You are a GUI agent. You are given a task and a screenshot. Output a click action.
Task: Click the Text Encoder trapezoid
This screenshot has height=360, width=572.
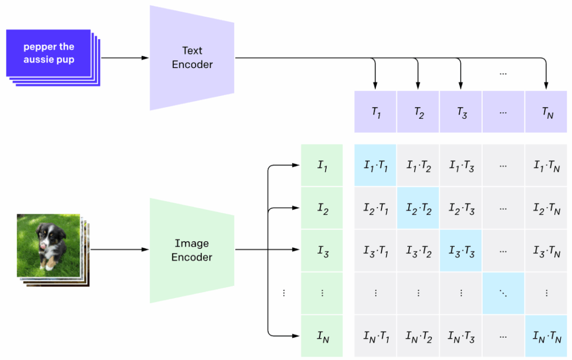[x=192, y=57]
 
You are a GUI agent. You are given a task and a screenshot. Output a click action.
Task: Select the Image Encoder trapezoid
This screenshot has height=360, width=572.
[x=192, y=250]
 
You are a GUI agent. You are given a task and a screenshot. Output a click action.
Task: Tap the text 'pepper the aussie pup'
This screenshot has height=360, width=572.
[x=49, y=53]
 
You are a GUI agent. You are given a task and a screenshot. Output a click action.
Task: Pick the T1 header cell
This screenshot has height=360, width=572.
[x=375, y=112]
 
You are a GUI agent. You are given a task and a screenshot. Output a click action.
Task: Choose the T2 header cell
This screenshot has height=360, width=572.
[x=418, y=112]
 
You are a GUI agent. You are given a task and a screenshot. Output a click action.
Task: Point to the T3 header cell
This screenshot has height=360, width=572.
[x=461, y=112]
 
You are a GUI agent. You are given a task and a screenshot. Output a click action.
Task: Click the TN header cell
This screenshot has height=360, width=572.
[x=546, y=112]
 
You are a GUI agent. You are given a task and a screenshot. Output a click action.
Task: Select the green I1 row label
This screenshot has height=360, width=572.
[x=322, y=165]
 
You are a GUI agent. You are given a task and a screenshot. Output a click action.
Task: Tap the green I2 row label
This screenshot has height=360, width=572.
[x=322, y=208]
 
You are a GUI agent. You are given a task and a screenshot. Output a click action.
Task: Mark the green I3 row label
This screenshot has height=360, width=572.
[x=322, y=251]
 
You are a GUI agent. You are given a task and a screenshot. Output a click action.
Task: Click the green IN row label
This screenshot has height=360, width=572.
[x=322, y=336]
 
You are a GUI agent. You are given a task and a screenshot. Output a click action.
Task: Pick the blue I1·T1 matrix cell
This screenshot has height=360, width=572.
[x=375, y=165]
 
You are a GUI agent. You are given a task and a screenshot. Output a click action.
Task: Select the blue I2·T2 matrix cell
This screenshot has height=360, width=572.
[x=418, y=208]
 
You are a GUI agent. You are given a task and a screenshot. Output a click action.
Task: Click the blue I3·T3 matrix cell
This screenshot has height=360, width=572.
[x=461, y=251]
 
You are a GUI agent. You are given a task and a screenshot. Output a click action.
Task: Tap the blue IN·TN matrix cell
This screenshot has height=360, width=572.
[x=546, y=336]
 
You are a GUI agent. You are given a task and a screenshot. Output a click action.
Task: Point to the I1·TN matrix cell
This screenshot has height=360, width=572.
[x=546, y=165]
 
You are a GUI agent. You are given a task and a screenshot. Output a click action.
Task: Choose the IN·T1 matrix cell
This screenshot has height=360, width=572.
[x=375, y=336]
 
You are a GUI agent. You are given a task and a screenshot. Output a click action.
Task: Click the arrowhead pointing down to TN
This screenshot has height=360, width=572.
[x=546, y=85]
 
